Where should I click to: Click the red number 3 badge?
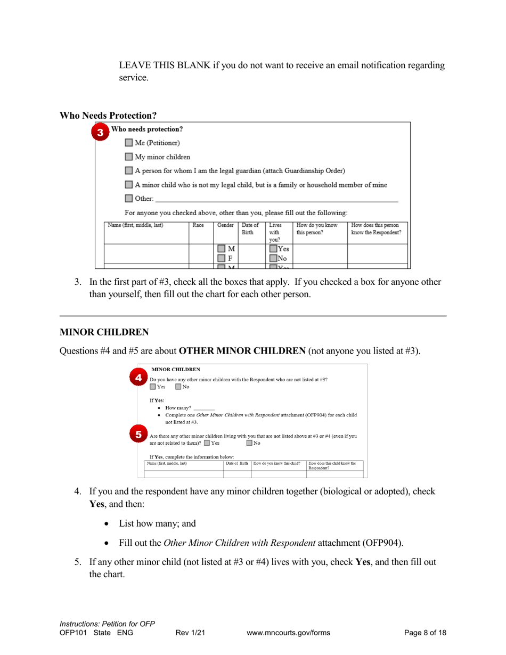pyautogui.click(x=100, y=133)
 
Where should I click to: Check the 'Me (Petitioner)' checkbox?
pyautogui.click(x=129, y=143)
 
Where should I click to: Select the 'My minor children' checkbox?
pyautogui.click(x=129, y=157)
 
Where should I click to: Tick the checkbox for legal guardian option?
pyautogui.click(x=129, y=171)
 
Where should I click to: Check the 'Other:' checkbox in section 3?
pyautogui.click(x=129, y=199)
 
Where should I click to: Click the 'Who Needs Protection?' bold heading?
pyautogui.click(x=108, y=115)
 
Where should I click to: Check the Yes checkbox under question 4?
pyautogui.click(x=153, y=387)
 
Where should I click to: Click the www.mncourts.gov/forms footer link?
pyautogui.click(x=289, y=633)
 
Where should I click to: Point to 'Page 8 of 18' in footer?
pyautogui.click(x=425, y=633)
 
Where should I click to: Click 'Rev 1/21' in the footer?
pyautogui.click(x=190, y=633)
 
